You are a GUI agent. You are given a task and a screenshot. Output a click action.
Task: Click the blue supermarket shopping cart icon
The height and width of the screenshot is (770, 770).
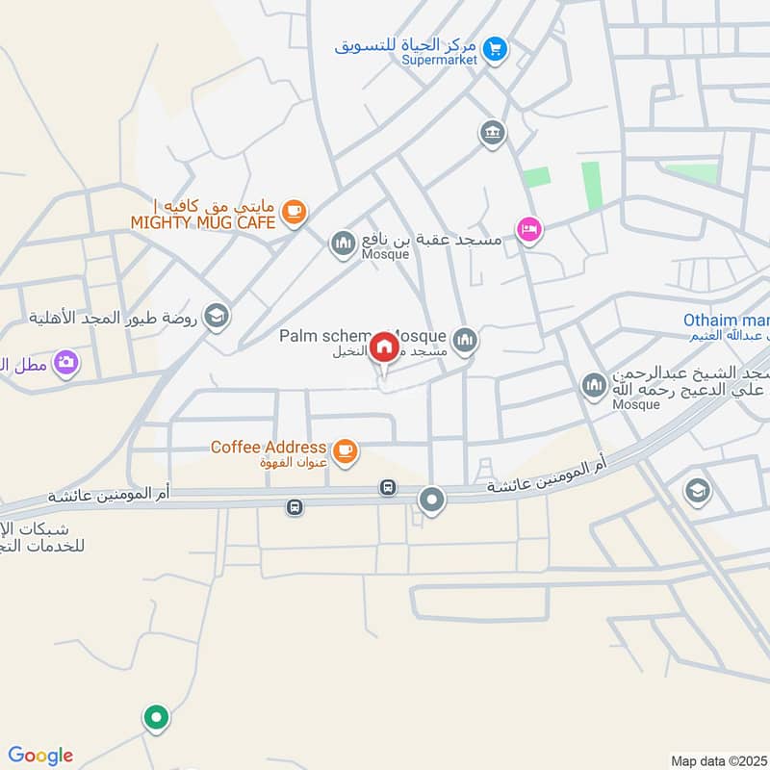[x=495, y=46]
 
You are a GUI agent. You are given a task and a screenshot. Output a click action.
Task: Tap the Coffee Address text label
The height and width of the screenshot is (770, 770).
[x=269, y=447]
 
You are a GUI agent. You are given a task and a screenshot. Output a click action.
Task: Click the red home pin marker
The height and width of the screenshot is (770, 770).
[x=384, y=346]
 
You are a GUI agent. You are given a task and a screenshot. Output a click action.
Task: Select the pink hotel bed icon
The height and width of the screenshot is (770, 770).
[x=528, y=229]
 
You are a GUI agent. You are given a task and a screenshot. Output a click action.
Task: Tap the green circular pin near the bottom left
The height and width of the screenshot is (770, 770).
[x=156, y=717]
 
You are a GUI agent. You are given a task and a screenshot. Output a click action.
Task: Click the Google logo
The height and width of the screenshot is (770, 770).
[x=40, y=756]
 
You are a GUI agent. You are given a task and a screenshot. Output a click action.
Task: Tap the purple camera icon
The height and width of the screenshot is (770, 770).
[x=66, y=362]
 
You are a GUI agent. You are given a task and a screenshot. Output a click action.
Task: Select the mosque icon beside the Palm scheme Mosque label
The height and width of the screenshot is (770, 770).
[x=465, y=340]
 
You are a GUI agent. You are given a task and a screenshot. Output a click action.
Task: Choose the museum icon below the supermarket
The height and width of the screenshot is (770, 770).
[x=492, y=133]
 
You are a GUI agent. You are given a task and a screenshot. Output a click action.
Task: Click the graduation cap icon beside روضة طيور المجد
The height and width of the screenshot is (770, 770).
[x=218, y=316]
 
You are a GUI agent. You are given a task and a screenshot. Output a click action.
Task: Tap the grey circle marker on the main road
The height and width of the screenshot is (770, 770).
[x=432, y=500]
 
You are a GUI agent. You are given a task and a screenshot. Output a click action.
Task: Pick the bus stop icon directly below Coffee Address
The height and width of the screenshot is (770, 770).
[x=388, y=488]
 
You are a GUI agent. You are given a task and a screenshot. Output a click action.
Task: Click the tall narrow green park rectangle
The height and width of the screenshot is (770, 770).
[x=591, y=185]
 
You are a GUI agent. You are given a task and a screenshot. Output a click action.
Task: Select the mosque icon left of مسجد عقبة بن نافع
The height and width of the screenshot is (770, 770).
[x=343, y=244]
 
